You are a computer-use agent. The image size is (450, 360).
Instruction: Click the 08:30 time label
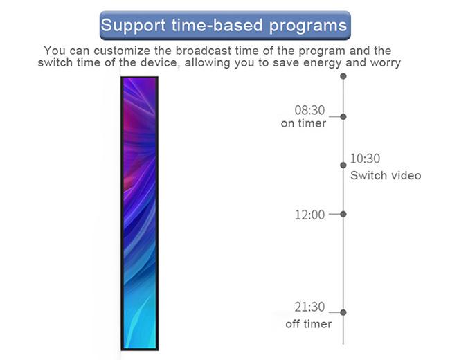(309, 110)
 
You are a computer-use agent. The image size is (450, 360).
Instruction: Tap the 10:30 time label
(365, 159)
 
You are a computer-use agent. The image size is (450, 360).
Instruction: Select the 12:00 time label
(309, 215)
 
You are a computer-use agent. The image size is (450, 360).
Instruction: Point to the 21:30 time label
(309, 307)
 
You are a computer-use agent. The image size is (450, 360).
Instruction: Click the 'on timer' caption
(303, 123)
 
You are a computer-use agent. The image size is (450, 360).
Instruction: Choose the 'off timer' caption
(309, 324)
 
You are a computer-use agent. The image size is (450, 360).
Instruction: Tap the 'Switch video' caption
(386, 175)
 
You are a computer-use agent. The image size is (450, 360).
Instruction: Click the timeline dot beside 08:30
(343, 116)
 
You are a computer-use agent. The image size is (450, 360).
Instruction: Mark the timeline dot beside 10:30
(343, 165)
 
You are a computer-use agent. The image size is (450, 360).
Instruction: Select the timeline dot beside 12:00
(343, 214)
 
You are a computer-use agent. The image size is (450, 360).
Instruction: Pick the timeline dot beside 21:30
(343, 312)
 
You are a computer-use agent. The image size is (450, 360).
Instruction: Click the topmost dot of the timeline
(343, 76)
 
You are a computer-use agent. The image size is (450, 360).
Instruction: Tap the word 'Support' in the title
(134, 26)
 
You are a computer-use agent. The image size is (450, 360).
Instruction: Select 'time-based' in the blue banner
(217, 25)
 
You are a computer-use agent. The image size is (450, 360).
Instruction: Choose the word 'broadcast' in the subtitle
(204, 51)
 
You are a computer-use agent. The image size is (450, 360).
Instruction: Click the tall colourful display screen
(140, 213)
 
